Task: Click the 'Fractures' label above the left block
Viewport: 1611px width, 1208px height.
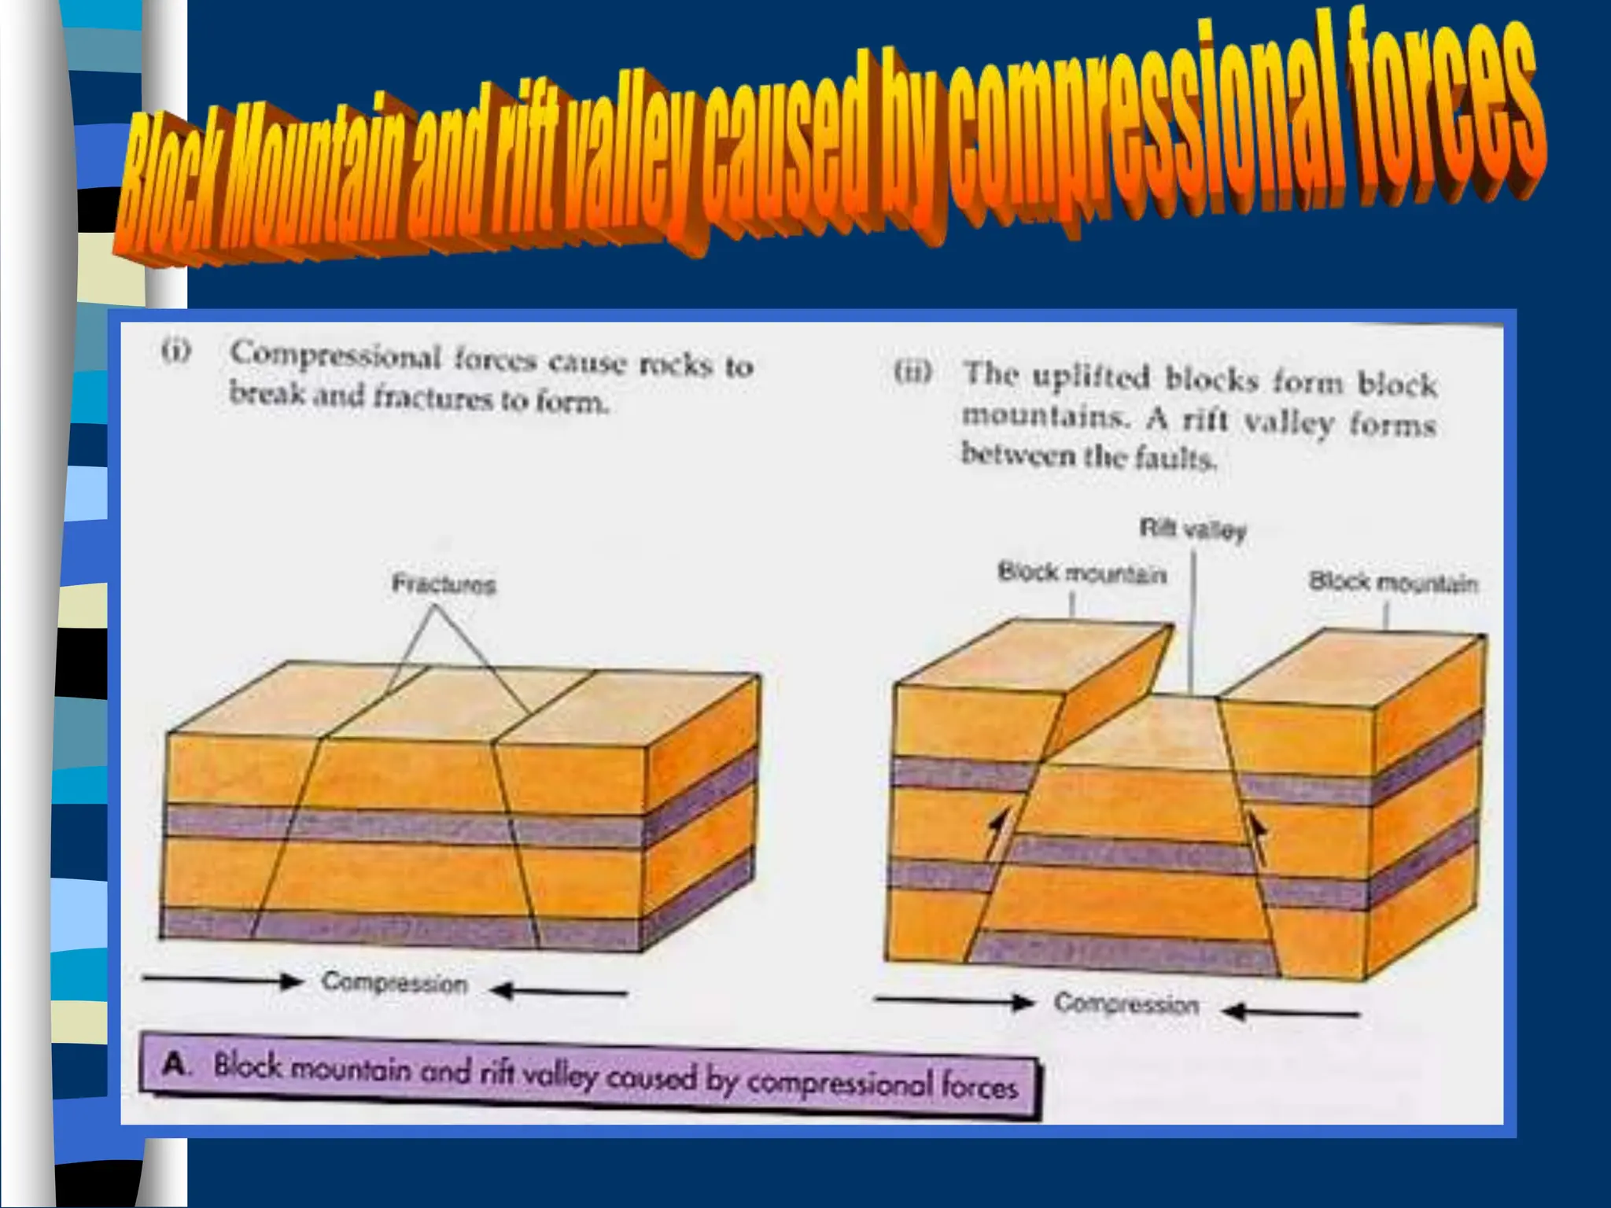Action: point(444,584)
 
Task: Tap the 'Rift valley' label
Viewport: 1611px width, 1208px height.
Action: point(1193,530)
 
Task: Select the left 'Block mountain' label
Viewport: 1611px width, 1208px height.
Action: point(1082,573)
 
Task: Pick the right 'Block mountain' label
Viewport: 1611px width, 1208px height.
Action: point(1393,583)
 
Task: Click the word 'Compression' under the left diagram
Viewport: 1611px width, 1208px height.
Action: point(395,983)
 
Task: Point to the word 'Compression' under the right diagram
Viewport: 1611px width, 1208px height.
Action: point(1126,1004)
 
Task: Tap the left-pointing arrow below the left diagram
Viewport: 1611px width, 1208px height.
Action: point(559,991)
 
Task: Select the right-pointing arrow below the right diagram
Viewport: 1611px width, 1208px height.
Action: point(954,1001)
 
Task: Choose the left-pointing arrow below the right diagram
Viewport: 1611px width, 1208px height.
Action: point(1295,1012)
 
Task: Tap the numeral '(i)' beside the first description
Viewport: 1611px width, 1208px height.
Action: point(177,352)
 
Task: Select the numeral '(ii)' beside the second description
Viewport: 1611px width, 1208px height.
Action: point(913,371)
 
